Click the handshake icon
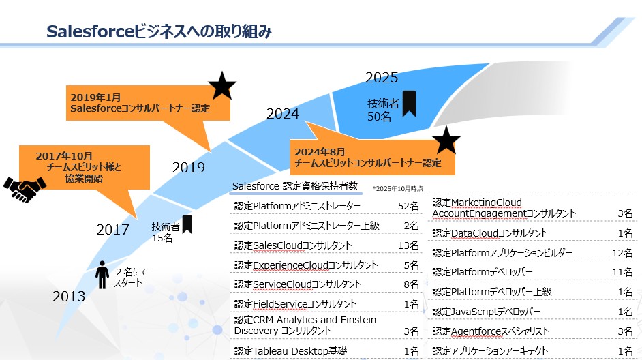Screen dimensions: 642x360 [25, 190]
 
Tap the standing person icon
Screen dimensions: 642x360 [102, 275]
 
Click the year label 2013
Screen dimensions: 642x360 [69, 296]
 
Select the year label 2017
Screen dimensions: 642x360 [112, 229]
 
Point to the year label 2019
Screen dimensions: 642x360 [188, 167]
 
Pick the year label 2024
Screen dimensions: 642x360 [283, 113]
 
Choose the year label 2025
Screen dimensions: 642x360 [382, 78]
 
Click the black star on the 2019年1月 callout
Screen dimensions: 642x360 [222, 86]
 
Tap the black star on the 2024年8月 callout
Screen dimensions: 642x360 [446, 140]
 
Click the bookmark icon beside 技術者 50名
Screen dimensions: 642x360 [409, 104]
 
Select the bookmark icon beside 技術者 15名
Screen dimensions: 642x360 [187, 224]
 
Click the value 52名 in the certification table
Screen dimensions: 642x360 [409, 206]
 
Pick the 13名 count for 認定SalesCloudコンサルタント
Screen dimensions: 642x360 [409, 245]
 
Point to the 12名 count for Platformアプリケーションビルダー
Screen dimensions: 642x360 [622, 253]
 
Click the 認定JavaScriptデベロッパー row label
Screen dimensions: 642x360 [487, 312]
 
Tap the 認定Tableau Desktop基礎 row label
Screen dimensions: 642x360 [291, 351]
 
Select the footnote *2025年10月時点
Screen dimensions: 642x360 [397, 188]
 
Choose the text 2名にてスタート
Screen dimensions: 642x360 [131, 277]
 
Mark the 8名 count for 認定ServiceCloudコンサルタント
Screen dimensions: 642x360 [411, 284]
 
